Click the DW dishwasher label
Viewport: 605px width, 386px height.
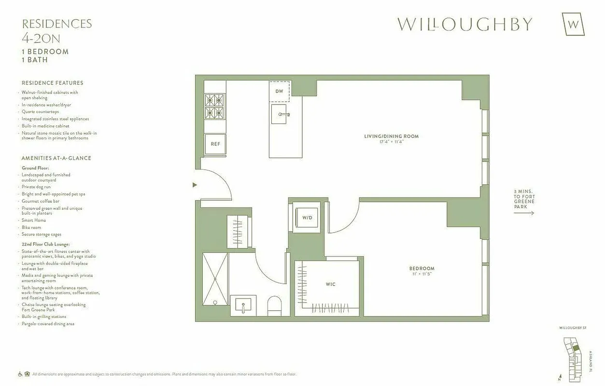coord(279,91)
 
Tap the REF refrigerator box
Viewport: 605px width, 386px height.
coord(215,144)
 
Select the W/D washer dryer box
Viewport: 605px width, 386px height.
coord(307,218)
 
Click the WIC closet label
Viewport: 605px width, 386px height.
coord(330,284)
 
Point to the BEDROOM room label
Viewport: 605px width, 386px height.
coord(422,268)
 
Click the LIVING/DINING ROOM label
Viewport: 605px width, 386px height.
coord(391,136)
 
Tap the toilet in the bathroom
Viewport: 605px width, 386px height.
coord(274,306)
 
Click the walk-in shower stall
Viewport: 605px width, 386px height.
coord(215,279)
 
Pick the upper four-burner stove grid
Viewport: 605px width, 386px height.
coord(214,100)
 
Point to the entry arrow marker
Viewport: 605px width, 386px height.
coord(195,185)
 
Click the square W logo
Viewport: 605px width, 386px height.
coord(573,24)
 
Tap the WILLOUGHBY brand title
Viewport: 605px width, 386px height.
coord(464,24)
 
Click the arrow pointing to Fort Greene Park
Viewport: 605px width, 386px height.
coord(524,213)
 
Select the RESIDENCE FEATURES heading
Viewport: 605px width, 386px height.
coord(52,83)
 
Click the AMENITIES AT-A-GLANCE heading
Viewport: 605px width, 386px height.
coord(56,158)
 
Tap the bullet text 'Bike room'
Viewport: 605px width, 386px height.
coord(31,227)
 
